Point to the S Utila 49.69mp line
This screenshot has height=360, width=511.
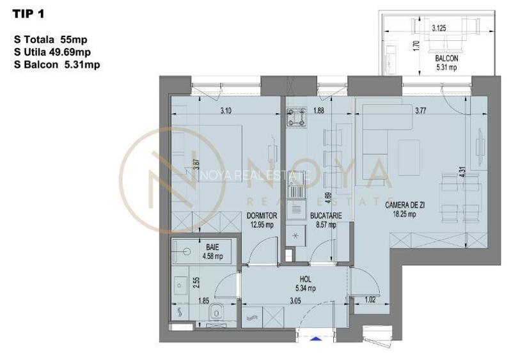(x=52, y=52)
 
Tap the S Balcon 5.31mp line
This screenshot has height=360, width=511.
(x=56, y=64)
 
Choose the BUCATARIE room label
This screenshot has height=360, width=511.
(x=326, y=217)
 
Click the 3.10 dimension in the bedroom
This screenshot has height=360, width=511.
(x=225, y=111)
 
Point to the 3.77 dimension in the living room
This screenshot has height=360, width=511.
(x=420, y=111)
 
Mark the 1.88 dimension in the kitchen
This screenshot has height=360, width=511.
(x=318, y=111)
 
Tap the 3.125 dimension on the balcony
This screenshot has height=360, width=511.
(x=439, y=29)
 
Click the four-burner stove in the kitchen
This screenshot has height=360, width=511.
(x=296, y=117)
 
